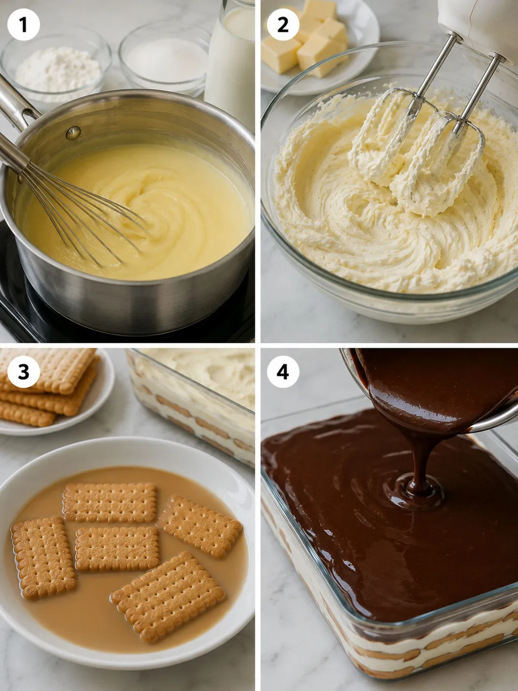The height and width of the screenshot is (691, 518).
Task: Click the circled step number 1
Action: point(23,25)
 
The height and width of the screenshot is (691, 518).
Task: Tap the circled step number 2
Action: point(283,25)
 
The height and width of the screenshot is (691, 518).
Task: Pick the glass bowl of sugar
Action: point(165,57)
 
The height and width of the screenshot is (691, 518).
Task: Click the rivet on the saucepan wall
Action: point(73,133)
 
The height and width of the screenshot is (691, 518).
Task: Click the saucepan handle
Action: point(16,104)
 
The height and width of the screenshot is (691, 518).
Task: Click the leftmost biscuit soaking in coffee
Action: point(43,558)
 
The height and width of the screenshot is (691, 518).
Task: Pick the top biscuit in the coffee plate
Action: point(110,503)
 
